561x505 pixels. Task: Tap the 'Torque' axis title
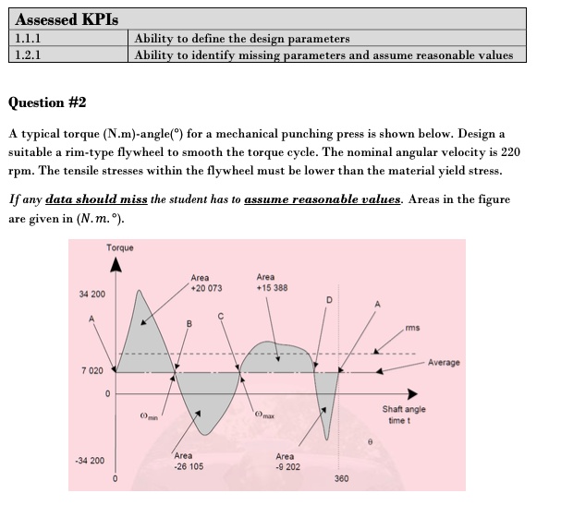119,247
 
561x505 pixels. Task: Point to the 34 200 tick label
92,294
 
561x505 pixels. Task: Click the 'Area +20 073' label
205,283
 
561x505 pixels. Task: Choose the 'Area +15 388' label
272,282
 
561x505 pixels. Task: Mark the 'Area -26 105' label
189,461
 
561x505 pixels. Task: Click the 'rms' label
412,326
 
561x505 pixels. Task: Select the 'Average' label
444,363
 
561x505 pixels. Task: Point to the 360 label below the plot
341,479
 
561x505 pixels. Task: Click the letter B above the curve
189,322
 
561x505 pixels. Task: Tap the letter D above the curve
329,298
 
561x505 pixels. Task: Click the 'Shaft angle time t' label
403,415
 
